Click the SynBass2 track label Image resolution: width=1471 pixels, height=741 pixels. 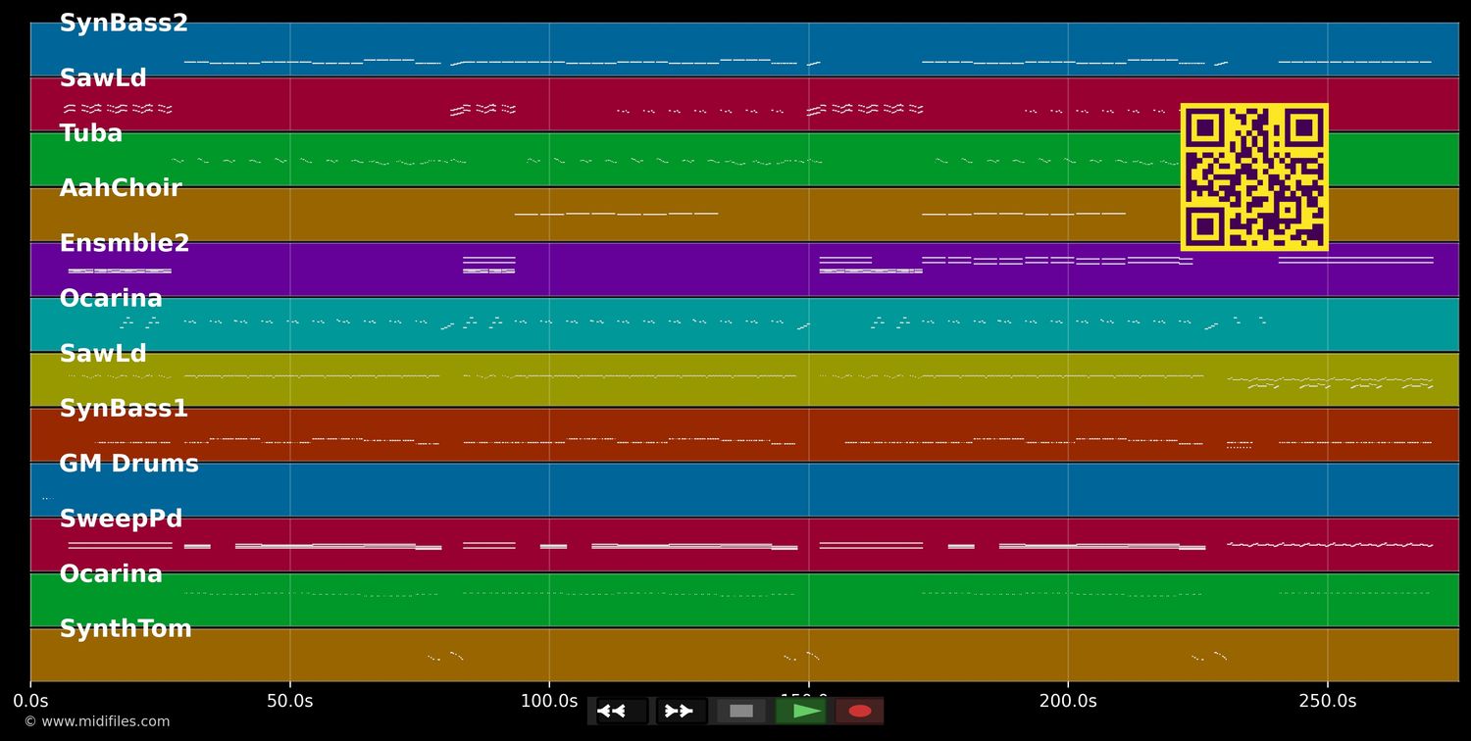pos(124,24)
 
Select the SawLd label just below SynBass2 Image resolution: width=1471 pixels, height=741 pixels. pos(103,78)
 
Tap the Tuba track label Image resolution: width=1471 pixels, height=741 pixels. pos(91,133)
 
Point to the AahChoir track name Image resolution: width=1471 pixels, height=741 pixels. pos(121,188)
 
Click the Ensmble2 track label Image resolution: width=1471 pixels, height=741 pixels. pos(125,243)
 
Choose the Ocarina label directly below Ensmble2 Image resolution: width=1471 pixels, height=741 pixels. pos(111,299)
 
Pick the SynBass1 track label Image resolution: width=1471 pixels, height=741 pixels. pos(124,409)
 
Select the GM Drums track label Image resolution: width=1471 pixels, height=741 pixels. pos(128,464)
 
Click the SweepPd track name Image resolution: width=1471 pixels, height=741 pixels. pos(121,519)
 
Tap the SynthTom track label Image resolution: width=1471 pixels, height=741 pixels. pos(126,629)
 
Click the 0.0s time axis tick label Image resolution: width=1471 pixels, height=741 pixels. pos(30,701)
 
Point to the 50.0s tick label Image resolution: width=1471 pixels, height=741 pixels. pos(289,701)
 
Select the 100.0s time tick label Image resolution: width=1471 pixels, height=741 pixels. pos(549,701)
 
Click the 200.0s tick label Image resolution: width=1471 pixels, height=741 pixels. pos(1068,701)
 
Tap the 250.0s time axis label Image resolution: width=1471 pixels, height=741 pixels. pos(1328,701)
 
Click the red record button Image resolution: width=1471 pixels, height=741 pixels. pos(860,711)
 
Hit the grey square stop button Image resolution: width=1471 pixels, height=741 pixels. pos(741,711)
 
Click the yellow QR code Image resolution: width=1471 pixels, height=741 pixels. pos(1254,177)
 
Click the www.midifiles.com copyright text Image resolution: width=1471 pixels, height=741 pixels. pos(97,721)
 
